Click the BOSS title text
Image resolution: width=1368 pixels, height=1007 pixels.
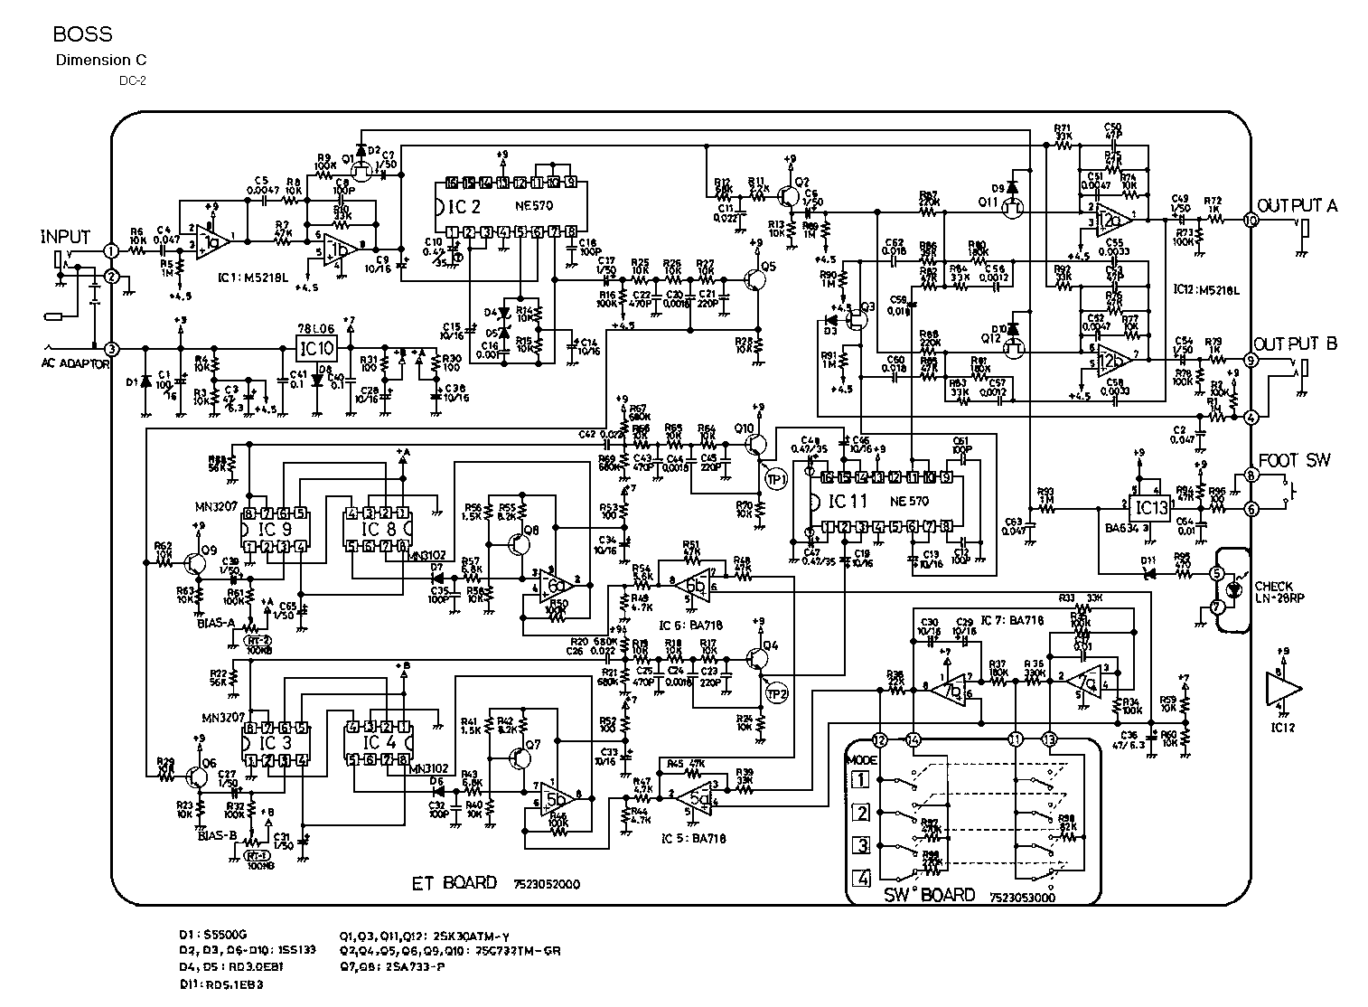click(82, 35)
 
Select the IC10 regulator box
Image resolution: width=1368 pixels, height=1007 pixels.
click(315, 347)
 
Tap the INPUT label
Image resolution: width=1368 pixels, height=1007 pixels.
click(66, 238)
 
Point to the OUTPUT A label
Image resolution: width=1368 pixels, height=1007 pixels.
click(1298, 204)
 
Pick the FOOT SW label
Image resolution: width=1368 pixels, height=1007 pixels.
click(1294, 461)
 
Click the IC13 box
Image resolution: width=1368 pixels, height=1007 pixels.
click(1152, 509)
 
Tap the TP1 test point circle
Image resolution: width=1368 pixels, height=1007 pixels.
click(777, 478)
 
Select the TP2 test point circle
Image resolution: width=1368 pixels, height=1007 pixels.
click(777, 693)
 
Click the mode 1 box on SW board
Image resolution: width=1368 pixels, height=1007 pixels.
click(861, 779)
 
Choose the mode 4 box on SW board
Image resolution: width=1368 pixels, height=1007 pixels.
click(861, 877)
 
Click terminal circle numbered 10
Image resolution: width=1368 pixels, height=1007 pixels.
click(1251, 220)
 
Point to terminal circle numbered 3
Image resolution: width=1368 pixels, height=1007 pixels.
click(111, 349)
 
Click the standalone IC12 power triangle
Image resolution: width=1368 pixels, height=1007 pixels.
click(1282, 689)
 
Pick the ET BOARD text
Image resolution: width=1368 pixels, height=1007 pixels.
click(454, 883)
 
